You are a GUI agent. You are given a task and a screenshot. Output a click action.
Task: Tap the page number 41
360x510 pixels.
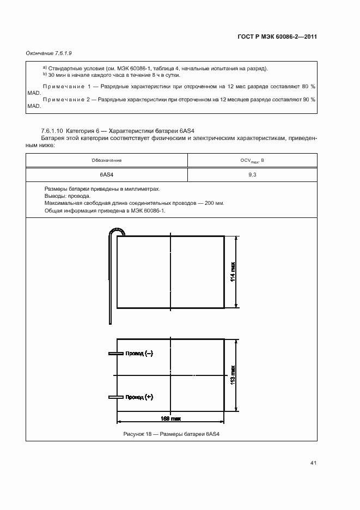tap(313, 463)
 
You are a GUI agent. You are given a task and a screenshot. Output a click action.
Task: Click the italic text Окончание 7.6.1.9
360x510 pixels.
tap(50, 53)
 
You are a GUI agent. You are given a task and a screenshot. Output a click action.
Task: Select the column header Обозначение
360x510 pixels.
tap(107, 161)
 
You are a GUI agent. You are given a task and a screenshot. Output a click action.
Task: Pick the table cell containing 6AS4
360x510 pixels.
tap(107, 175)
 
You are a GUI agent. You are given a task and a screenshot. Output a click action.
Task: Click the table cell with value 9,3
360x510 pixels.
tap(252, 175)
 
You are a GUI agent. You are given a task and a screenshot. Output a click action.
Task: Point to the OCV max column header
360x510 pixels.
tap(252, 161)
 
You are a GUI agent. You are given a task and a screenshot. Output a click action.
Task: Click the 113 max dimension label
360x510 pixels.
tap(233, 375)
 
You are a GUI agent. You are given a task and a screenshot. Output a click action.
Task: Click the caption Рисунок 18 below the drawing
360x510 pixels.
tap(172, 434)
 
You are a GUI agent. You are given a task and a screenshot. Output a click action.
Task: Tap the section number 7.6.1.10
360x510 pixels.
tap(52, 131)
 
